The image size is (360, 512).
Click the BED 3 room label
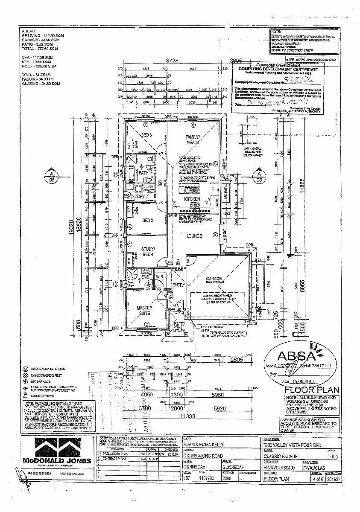[x=146, y=135]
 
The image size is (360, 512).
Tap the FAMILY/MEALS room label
[x=193, y=140]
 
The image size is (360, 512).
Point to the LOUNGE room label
[x=194, y=236]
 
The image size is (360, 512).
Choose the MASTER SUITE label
[x=145, y=310]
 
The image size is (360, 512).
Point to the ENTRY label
[x=178, y=285]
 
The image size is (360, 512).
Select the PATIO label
[x=179, y=325]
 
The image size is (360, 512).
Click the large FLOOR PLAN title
[x=312, y=390]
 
